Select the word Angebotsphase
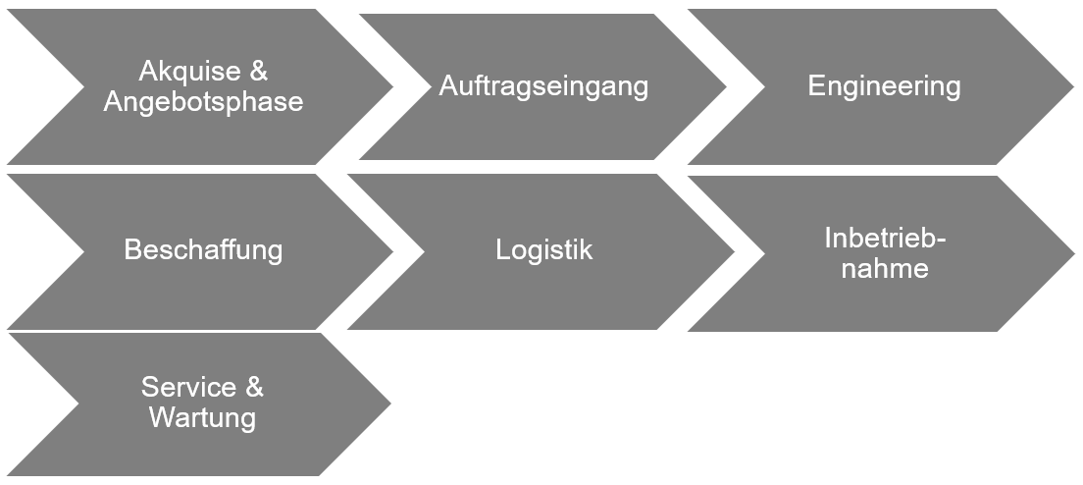click(x=203, y=102)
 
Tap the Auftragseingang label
click(x=543, y=86)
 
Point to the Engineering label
click(x=884, y=86)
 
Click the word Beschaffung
click(x=203, y=250)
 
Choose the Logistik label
click(x=543, y=250)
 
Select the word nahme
click(x=885, y=269)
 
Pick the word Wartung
click(x=202, y=417)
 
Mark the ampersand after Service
click(x=254, y=387)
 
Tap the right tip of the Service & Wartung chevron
click(x=388, y=403)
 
